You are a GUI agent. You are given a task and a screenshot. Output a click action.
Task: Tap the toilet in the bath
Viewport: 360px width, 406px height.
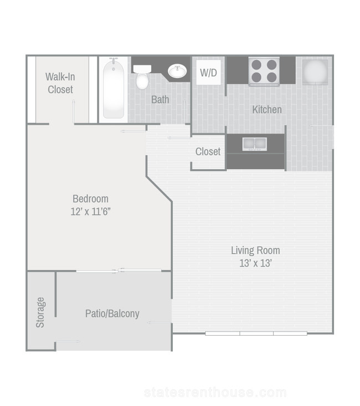[x=142, y=77]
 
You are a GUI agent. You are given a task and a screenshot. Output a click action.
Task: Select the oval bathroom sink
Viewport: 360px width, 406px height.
[x=177, y=71]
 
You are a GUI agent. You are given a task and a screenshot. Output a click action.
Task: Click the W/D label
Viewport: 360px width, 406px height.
[x=208, y=73]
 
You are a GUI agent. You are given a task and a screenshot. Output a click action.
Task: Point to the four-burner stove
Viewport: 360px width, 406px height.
[x=264, y=71]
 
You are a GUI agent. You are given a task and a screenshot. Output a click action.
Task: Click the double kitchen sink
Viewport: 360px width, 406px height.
[x=254, y=144]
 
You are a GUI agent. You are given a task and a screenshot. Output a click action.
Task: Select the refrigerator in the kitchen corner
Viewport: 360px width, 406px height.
[x=315, y=71]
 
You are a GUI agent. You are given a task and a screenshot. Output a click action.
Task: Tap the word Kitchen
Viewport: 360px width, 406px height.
[x=267, y=110]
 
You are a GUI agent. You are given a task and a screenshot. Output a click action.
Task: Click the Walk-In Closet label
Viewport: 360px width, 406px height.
[x=60, y=83]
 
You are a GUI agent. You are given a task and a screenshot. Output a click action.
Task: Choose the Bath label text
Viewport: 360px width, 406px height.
[x=160, y=100]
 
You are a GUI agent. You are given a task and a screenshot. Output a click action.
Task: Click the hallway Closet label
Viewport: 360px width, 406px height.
[x=208, y=151]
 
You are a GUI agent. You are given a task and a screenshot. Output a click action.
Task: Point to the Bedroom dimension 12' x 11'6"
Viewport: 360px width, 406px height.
[x=91, y=212]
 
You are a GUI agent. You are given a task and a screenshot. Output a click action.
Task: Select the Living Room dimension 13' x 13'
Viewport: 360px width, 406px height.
[x=256, y=263]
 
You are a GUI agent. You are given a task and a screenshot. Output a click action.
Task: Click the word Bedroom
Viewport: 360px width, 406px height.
[x=90, y=199]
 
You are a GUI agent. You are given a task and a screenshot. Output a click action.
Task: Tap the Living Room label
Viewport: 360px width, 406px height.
[x=256, y=250]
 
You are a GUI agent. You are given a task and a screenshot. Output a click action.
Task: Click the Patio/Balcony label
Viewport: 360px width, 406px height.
[x=112, y=314]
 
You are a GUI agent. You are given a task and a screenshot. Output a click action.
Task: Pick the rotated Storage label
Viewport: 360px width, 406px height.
[x=40, y=312]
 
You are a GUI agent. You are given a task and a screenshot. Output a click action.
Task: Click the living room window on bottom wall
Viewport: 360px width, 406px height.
[x=256, y=333]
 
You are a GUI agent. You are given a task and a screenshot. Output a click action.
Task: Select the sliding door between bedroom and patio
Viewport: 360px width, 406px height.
[x=119, y=271]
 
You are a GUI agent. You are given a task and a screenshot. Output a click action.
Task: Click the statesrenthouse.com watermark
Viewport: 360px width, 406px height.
[x=215, y=393]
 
